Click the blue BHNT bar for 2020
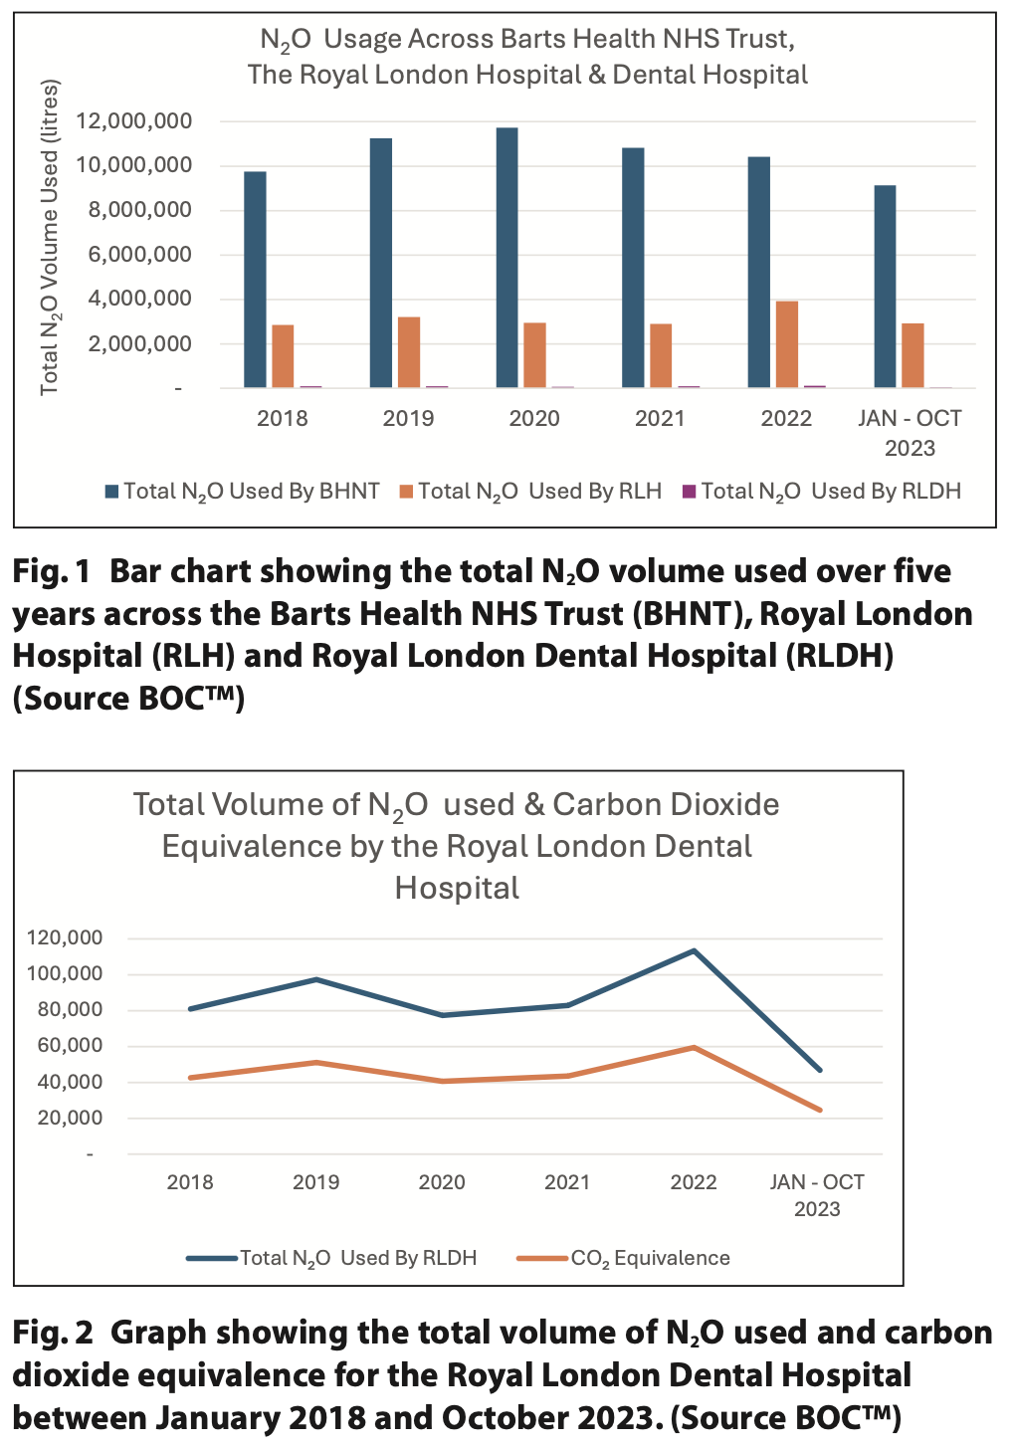506,258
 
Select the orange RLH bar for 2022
786,344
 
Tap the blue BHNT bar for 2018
255,280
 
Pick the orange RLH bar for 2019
408,352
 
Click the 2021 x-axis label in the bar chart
660,418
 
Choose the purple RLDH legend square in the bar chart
689,492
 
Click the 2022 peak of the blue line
694,950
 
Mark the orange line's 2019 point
316,1063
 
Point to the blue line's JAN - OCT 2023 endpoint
820,1071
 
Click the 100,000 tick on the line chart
65,974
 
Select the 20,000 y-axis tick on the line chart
70,1119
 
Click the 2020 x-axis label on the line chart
442,1182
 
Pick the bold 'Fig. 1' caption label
52,572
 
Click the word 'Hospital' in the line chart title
457,888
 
